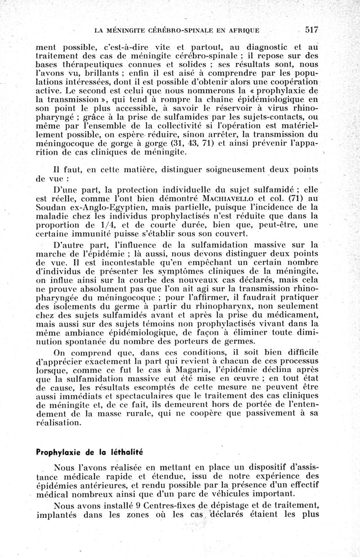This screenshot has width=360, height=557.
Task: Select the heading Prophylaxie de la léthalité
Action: point(89,452)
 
